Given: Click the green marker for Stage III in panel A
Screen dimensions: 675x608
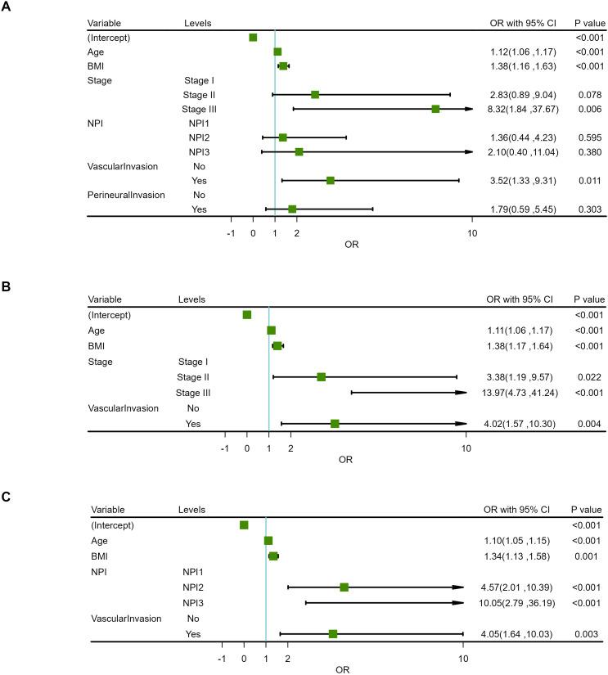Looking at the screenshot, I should click(435, 109).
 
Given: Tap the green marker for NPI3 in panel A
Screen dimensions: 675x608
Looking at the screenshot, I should click(299, 151).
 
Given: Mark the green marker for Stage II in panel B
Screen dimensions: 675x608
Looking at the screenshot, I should click(321, 377).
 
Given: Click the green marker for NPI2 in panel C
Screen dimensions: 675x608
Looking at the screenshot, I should click(344, 587).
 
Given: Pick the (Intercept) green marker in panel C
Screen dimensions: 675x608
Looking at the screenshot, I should click(244, 524).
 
